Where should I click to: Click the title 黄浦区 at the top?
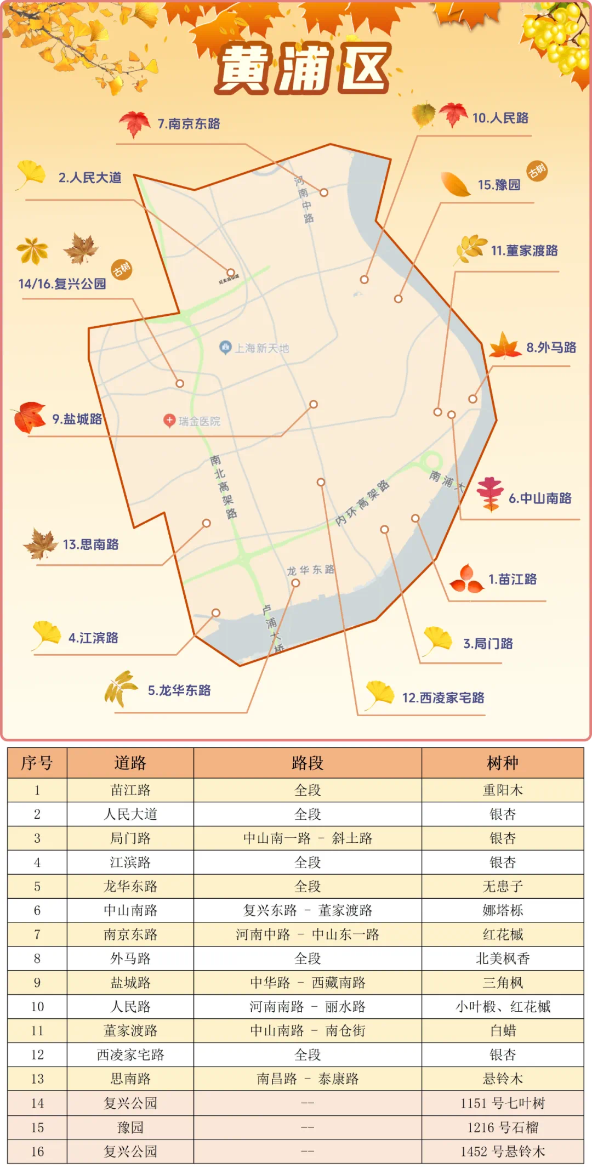point(303,68)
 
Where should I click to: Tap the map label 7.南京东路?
point(189,124)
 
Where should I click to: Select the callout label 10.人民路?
point(500,118)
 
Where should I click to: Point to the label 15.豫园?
point(499,185)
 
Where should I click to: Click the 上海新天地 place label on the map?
point(261,348)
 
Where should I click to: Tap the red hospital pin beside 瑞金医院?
point(169,421)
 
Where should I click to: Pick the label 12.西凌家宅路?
point(443,698)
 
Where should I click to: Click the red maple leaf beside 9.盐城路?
point(30,417)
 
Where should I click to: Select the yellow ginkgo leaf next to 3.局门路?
point(437,640)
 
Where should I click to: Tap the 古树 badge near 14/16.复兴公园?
point(122,269)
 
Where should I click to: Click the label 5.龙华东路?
point(179,690)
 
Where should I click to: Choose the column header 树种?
point(502,763)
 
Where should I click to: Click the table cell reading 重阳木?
point(502,790)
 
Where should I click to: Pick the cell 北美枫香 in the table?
point(502,959)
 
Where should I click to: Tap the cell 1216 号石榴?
point(502,1127)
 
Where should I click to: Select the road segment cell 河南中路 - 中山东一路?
point(308,934)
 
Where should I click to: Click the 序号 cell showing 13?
point(37,1079)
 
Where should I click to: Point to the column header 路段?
point(308,763)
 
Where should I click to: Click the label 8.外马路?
point(551,348)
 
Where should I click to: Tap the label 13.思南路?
point(90,545)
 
